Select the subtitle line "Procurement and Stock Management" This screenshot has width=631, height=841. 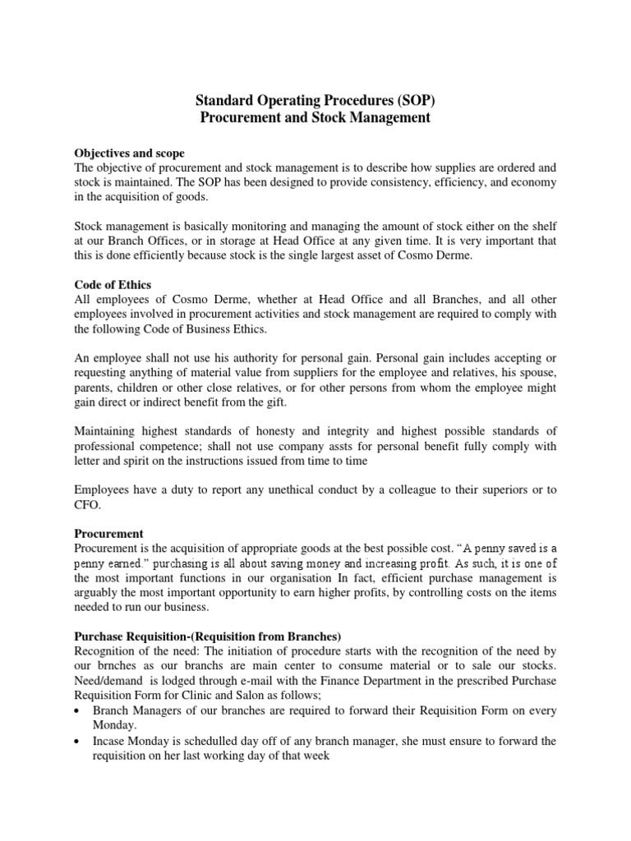coord(315,118)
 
